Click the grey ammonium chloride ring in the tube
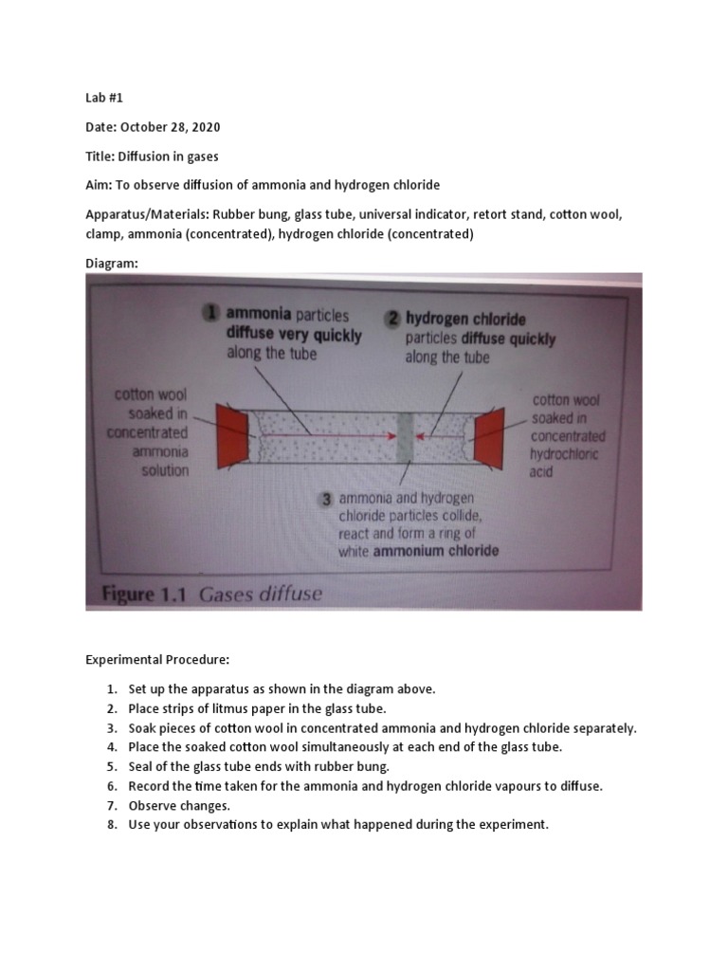[x=402, y=434]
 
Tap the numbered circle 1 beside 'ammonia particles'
[x=213, y=315]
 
